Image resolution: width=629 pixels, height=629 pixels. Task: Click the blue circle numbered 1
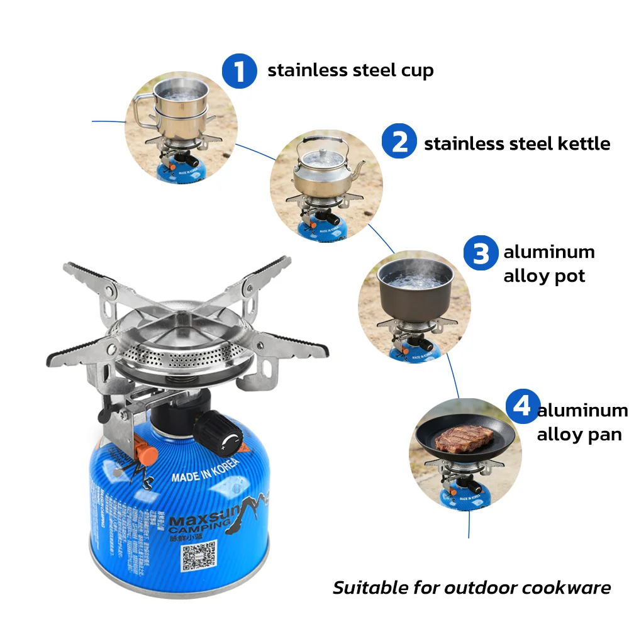coord(239,70)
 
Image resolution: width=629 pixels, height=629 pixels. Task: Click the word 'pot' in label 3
coord(568,276)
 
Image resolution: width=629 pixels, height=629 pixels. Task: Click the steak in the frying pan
coord(456,438)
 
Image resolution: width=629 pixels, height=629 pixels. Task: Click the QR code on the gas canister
coord(198,556)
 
